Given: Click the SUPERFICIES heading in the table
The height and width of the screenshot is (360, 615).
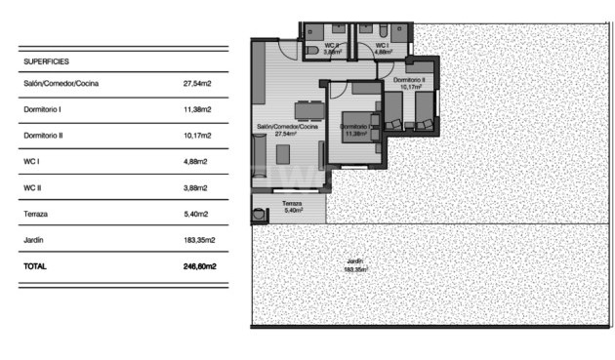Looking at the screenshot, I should pos(45,60).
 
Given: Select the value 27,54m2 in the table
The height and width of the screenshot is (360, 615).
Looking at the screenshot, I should pos(199,83).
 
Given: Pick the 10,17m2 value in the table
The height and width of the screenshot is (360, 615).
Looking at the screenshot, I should pos(199,135).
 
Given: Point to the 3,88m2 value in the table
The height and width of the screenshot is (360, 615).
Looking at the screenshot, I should pos(198,186).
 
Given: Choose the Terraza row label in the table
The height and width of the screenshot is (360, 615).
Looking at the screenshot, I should pos(35,213).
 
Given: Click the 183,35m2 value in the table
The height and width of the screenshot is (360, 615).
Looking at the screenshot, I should pos(198,239).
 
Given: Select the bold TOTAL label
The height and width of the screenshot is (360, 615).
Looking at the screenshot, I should pos(35,265).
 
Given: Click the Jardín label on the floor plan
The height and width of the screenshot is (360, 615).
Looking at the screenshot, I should pos(355,261).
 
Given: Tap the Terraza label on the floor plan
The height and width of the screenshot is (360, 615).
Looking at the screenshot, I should pos(293,204).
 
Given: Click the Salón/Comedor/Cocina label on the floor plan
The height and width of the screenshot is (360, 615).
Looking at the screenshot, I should pos(288,129).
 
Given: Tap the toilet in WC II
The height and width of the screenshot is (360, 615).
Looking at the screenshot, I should pos(311,49).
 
